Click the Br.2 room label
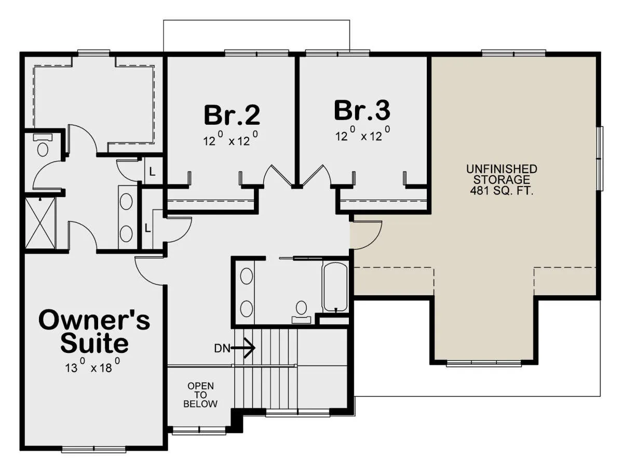pyautogui.click(x=232, y=115)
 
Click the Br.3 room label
pyautogui.click(x=362, y=110)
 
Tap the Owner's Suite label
pyautogui.click(x=94, y=331)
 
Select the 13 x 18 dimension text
pyautogui.click(x=92, y=366)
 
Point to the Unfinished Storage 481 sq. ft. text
pyautogui.click(x=502, y=179)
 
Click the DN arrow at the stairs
pyautogui.click(x=243, y=348)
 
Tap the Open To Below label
pyautogui.click(x=200, y=395)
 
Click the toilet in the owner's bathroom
pyautogui.click(x=43, y=145)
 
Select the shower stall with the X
pyautogui.click(x=40, y=223)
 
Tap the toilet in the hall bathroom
pyautogui.click(x=301, y=312)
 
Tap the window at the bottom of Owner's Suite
pyautogui.click(x=93, y=450)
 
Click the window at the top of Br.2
pyautogui.click(x=256, y=53)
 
